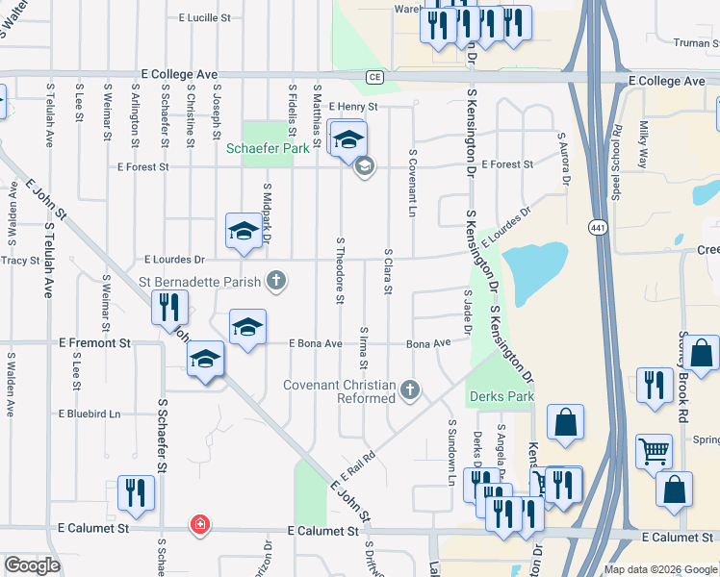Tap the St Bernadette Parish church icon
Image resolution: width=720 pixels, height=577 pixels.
[x=275, y=281]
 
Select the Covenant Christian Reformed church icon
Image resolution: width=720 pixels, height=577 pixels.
[x=410, y=389]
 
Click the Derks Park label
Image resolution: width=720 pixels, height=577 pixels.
[x=500, y=396]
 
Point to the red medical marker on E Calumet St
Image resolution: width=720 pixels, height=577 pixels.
[x=199, y=525]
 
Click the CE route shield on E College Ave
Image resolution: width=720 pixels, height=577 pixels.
[x=374, y=77]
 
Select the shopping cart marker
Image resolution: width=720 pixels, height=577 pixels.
[x=654, y=449]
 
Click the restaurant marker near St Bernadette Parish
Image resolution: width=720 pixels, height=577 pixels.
[x=169, y=308]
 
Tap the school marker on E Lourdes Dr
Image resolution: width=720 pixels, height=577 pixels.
[x=244, y=231]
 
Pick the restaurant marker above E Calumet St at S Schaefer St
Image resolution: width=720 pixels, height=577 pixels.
[x=136, y=493]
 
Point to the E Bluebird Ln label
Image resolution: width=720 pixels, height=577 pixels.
[x=89, y=414]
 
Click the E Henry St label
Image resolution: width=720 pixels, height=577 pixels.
[x=353, y=107]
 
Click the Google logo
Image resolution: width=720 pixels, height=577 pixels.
[x=32, y=564]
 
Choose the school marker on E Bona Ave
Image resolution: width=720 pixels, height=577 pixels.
[x=247, y=328]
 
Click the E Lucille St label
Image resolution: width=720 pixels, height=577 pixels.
[x=199, y=17]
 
